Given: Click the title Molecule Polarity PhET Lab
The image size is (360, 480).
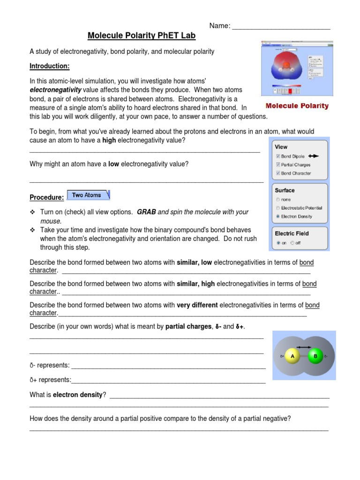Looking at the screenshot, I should point(142,36).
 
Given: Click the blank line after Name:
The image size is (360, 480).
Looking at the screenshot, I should point(281,26).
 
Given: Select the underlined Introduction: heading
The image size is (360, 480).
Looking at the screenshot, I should point(49,66).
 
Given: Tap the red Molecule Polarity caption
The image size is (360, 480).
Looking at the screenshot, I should point(297,106).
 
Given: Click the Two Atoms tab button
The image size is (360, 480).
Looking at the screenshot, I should point(89,195).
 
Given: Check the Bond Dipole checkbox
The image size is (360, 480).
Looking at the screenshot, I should point(278,157).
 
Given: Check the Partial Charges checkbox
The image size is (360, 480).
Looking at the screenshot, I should point(278,165).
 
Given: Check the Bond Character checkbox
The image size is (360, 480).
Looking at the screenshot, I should point(278,173).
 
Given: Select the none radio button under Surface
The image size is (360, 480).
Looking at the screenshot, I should point(278,200).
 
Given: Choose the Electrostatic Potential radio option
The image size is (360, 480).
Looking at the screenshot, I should point(278,208).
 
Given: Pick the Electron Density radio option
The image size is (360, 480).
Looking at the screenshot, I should point(278,217).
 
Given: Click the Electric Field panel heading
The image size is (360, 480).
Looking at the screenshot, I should point(292,233).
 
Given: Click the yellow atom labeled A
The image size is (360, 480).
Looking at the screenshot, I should point(292,357).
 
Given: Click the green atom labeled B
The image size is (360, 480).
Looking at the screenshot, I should point(315,357).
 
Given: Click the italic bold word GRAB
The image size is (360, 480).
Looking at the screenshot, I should point(146,212).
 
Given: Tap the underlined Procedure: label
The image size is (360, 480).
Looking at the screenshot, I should point(46,197).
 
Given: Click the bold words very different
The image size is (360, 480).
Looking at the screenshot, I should point(197,305).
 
